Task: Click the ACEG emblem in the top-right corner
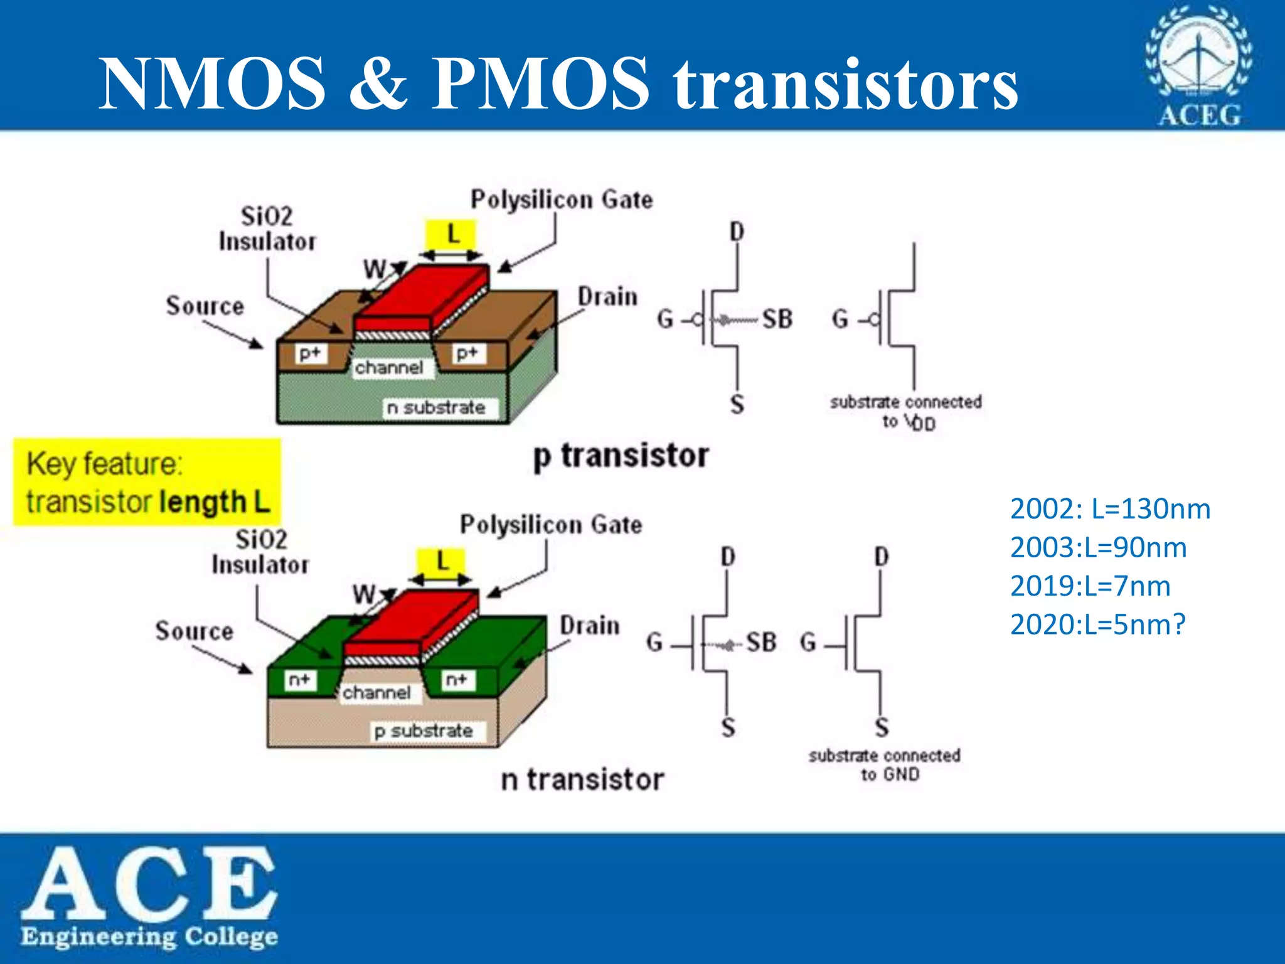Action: pyautogui.click(x=1198, y=65)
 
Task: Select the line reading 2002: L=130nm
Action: pyautogui.click(x=1110, y=509)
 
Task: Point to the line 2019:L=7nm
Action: pyautogui.click(x=1090, y=586)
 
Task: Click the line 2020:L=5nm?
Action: pyautogui.click(x=1097, y=624)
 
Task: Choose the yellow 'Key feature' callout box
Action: pyautogui.click(x=147, y=482)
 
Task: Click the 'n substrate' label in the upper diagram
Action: pyautogui.click(x=436, y=408)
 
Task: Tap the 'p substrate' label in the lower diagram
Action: pyautogui.click(x=424, y=731)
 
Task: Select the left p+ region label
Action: pyautogui.click(x=310, y=353)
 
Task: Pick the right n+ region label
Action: pyautogui.click(x=456, y=679)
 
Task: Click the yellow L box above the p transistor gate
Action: pyautogui.click(x=451, y=236)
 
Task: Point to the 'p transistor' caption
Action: pyautogui.click(x=621, y=456)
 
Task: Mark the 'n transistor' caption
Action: pyautogui.click(x=582, y=780)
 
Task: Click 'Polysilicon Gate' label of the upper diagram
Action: pyautogui.click(x=562, y=200)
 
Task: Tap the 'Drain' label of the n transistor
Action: pyautogui.click(x=589, y=626)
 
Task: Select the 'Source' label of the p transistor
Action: pyautogui.click(x=205, y=306)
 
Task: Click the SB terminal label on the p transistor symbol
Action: pyautogui.click(x=777, y=319)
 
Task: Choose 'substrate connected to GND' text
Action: pyautogui.click(x=884, y=764)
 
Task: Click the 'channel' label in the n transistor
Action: pyautogui.click(x=376, y=692)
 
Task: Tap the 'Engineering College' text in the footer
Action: pyautogui.click(x=149, y=936)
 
